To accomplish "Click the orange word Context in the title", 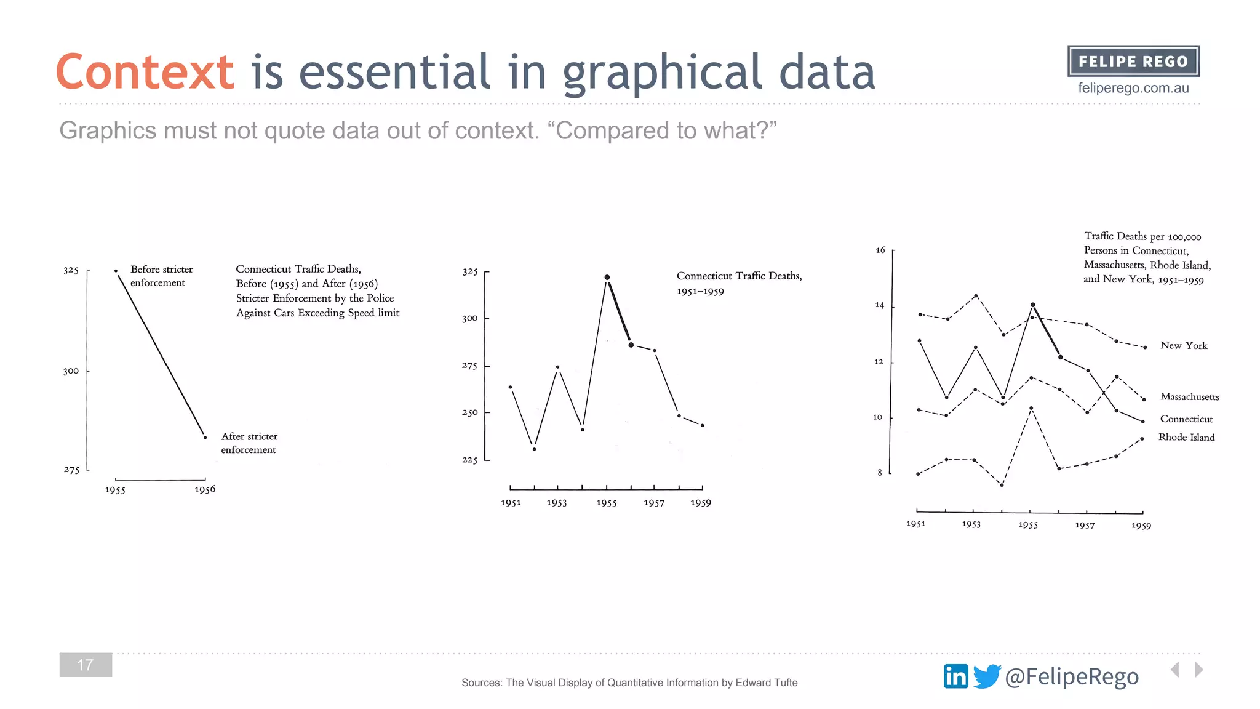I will pos(145,73).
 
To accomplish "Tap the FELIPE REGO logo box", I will pos(1133,62).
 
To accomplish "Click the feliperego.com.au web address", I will pos(1133,88).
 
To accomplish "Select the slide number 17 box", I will pos(86,665).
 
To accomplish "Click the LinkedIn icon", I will pos(955,676).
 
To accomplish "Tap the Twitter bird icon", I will pos(987,676).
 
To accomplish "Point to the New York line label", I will pos(1184,346).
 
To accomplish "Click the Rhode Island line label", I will pos(1186,438).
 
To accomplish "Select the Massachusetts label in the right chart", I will pos(1189,397).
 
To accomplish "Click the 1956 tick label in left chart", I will pos(205,490).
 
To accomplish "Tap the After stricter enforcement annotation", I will pos(249,443).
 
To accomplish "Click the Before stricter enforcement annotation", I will pos(161,276).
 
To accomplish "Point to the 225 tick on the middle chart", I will pos(470,460).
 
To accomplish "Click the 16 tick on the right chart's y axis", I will pos(880,250).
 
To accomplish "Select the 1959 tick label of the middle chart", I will pos(701,503).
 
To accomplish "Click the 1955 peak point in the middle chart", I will pos(607,278).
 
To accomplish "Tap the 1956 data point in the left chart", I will pos(205,438).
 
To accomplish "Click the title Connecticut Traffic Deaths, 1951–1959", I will pos(738,283).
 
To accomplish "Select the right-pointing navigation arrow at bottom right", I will pos(1198,670).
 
